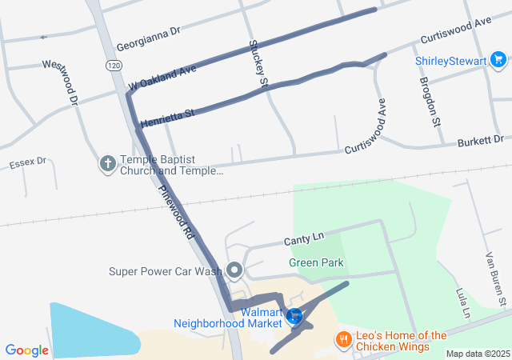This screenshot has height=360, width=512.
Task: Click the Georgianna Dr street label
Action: click(150, 37)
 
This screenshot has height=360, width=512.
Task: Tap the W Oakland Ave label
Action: click(162, 77)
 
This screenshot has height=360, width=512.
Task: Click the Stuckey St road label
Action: click(257, 62)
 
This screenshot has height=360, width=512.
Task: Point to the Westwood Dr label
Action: click(63, 82)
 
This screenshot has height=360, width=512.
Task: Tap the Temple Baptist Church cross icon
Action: click(108, 164)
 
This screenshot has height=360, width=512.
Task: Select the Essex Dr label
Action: click(28, 163)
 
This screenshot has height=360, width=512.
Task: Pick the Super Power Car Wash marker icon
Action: click(234, 270)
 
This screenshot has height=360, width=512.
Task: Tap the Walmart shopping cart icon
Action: click(294, 316)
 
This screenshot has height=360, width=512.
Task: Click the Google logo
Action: click(27, 350)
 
